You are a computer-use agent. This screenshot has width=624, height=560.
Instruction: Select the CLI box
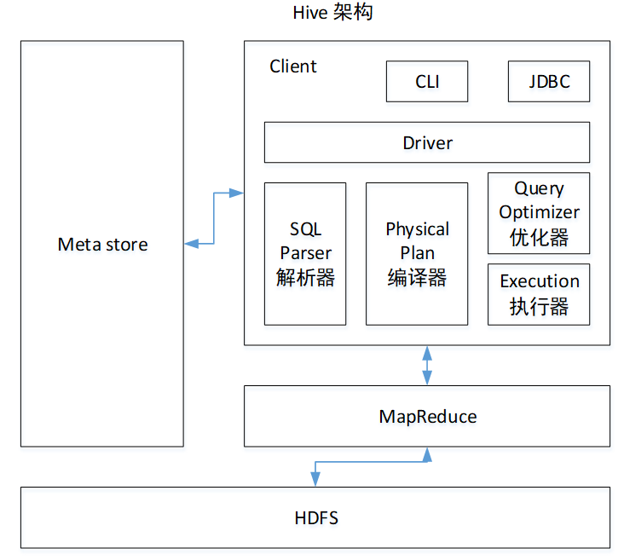tap(427, 82)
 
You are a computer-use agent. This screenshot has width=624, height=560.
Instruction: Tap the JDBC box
tap(548, 82)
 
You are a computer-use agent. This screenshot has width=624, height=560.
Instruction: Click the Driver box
tap(427, 142)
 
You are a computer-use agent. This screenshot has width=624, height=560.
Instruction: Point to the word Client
tap(292, 66)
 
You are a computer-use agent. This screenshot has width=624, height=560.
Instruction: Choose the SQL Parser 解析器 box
tap(305, 253)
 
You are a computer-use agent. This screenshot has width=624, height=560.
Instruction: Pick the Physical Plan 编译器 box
tap(417, 253)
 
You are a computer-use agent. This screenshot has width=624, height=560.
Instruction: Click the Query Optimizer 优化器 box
tap(539, 212)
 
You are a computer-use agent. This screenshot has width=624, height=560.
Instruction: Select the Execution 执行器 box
tap(539, 294)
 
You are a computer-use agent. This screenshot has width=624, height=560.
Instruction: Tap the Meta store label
tap(102, 245)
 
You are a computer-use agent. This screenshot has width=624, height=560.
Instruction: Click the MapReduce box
tap(427, 417)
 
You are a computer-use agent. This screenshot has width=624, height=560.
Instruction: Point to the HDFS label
tap(316, 517)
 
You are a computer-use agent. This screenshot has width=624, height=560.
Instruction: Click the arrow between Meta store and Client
tap(213, 218)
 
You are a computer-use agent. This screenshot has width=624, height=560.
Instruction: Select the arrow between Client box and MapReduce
tap(427, 365)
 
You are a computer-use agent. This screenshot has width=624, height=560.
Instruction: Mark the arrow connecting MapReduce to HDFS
tap(371, 463)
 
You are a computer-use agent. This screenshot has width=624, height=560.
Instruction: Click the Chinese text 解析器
tap(305, 277)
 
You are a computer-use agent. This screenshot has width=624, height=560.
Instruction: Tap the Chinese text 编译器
tap(417, 277)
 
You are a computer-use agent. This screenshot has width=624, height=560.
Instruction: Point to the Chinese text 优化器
tap(539, 236)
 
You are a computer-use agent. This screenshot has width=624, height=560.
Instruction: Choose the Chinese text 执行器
tap(539, 306)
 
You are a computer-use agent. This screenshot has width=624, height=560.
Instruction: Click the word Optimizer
tap(539, 212)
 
